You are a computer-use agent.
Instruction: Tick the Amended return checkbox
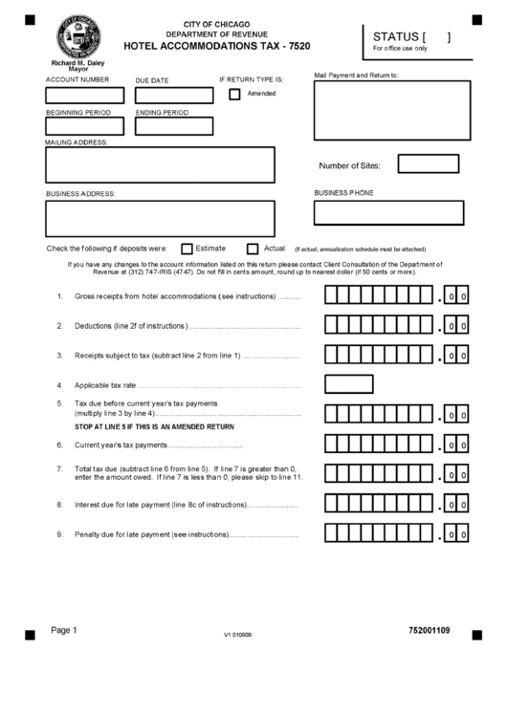click(x=234, y=94)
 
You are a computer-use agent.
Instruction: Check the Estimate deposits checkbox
click(x=187, y=249)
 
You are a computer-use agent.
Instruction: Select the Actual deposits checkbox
click(x=253, y=249)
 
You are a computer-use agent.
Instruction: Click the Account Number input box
click(x=85, y=96)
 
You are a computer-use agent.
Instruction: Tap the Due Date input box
click(x=174, y=96)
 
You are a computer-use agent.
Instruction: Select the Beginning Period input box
click(x=85, y=126)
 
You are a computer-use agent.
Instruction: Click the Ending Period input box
click(x=174, y=126)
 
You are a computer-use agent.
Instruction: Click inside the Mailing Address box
click(x=160, y=164)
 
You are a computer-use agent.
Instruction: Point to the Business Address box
click(x=160, y=217)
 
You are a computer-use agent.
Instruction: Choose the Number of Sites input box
click(x=428, y=164)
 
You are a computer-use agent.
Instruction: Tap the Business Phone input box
click(x=388, y=212)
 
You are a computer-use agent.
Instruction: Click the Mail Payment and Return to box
click(x=392, y=110)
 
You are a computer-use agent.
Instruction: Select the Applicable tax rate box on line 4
click(x=348, y=384)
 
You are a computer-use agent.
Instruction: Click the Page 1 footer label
click(x=63, y=630)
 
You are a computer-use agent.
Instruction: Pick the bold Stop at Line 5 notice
click(x=154, y=426)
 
